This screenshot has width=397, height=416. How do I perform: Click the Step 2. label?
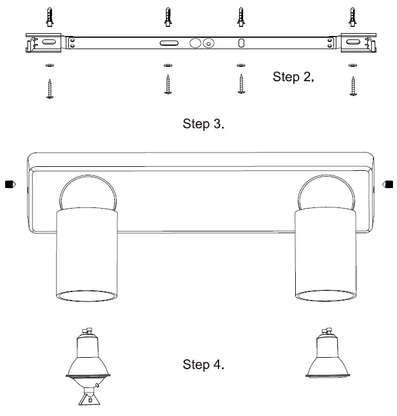pos(293,77)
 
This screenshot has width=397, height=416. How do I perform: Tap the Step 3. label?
pos(203,124)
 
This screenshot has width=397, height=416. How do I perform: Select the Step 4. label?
pos(203,365)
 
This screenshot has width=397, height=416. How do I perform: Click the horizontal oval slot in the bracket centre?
pos(169,43)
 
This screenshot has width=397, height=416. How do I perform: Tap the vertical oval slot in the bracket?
pos(241,43)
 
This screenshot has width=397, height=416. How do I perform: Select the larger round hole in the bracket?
pos(196,43)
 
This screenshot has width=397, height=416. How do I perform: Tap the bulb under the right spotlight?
pos(326,355)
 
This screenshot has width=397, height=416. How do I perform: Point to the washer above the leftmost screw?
pos(49,66)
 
